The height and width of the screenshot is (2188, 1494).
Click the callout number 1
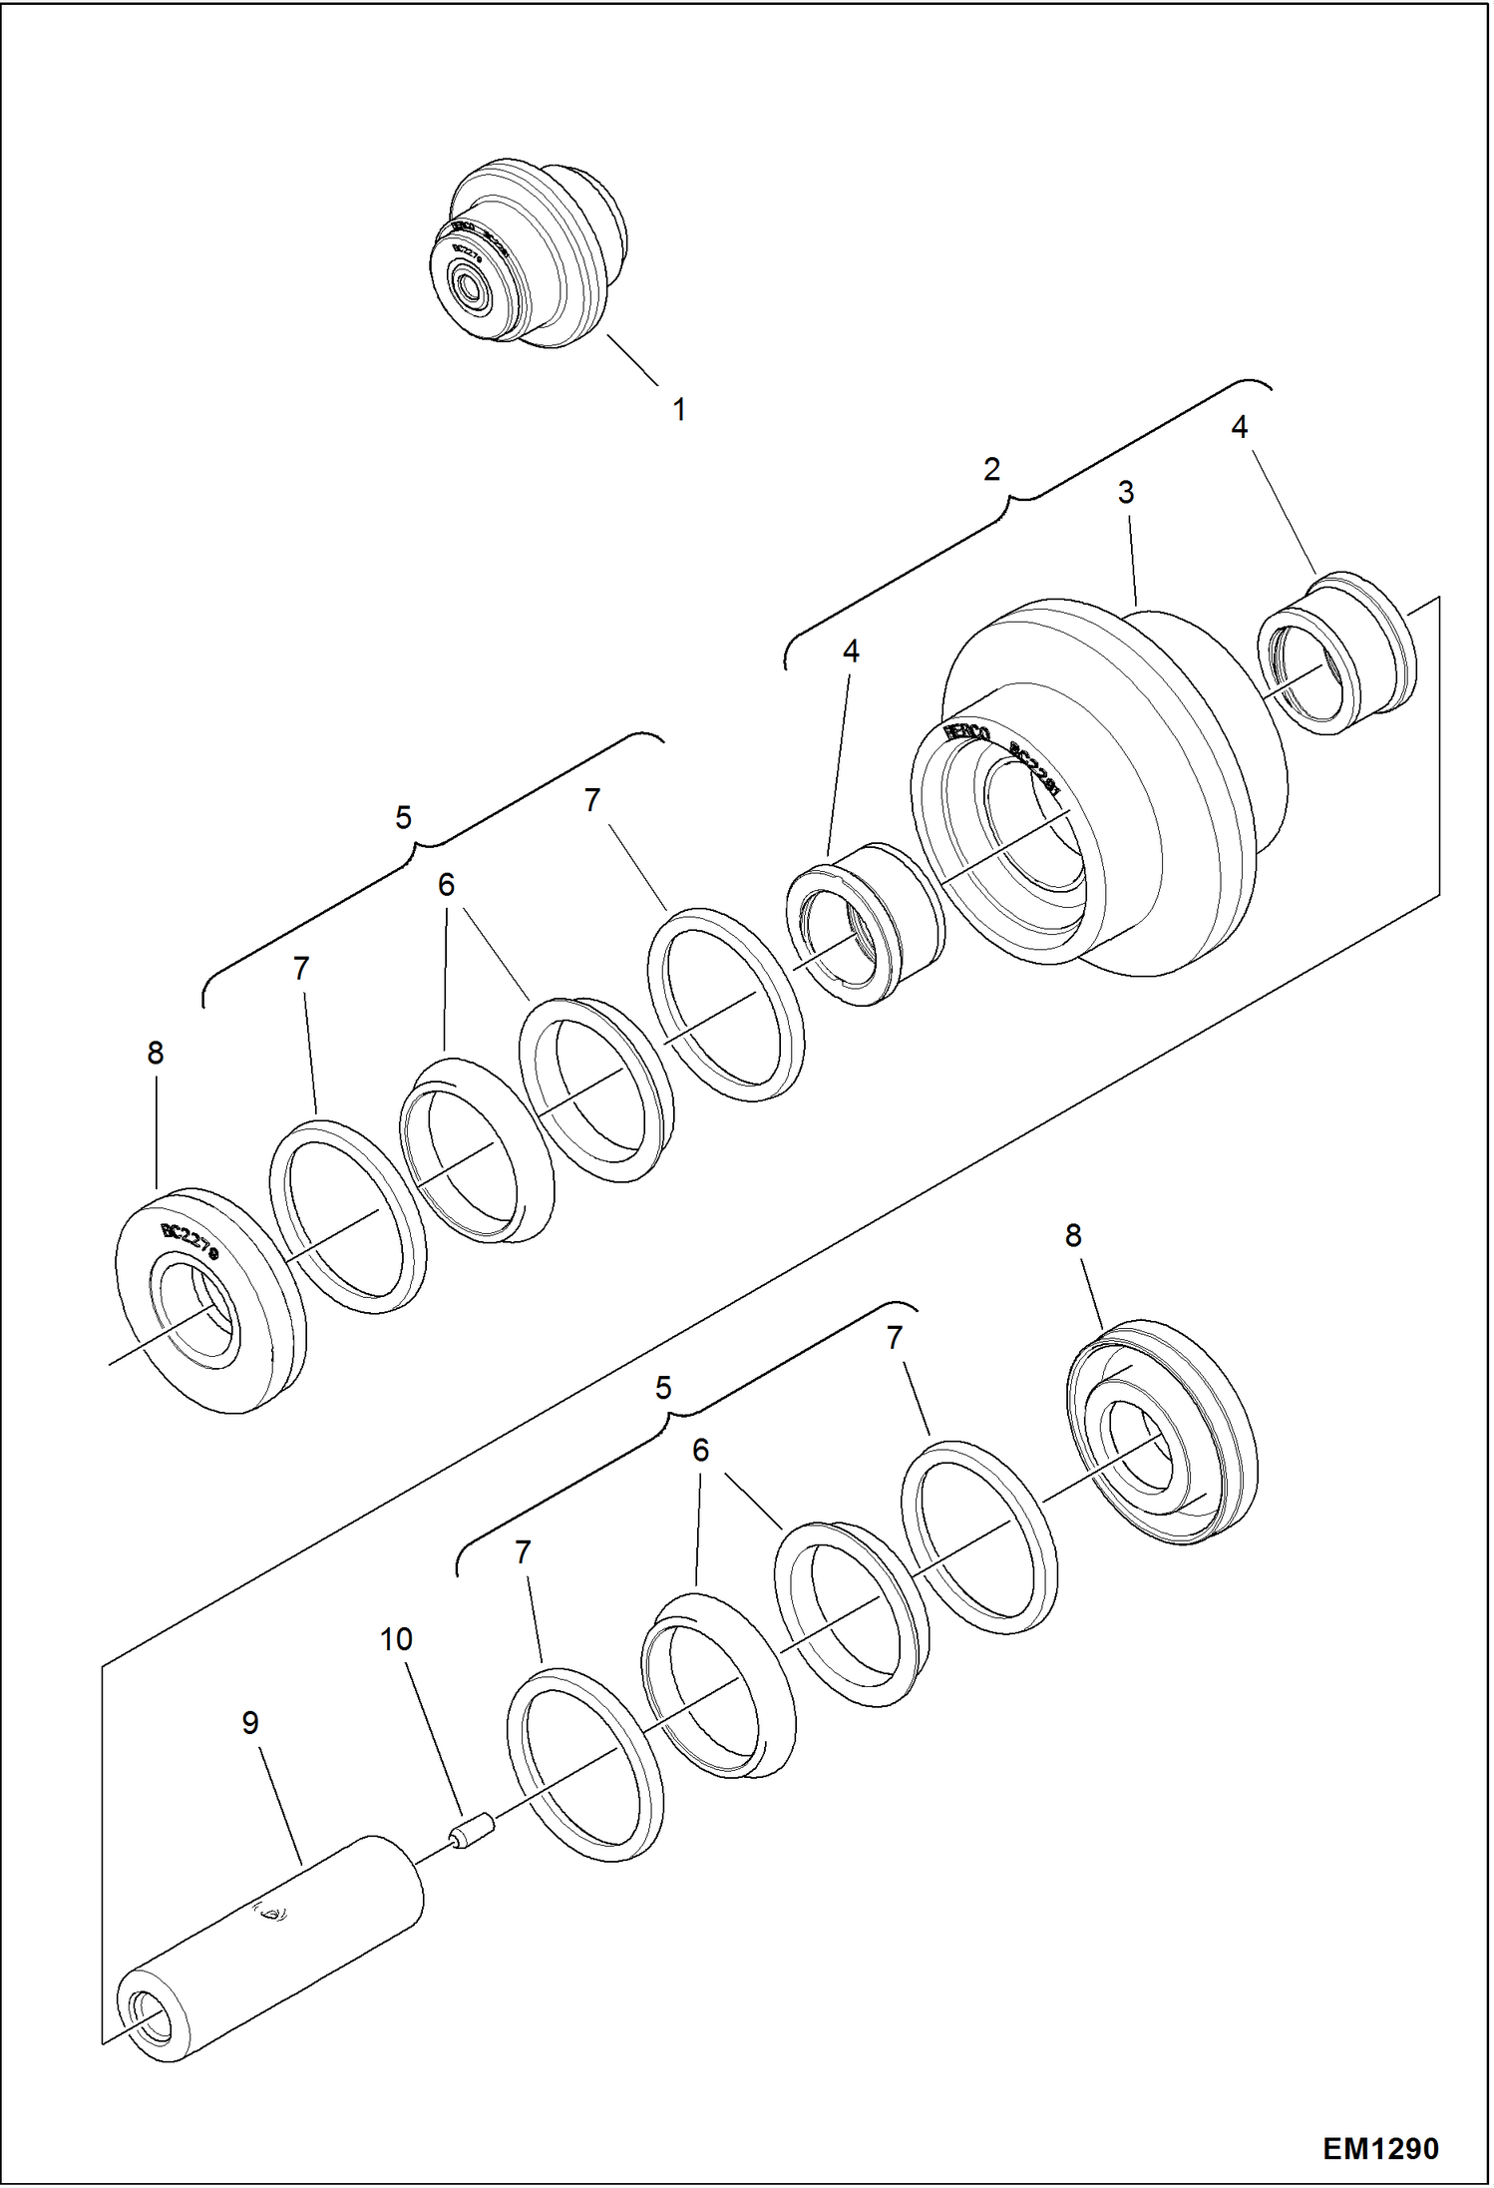tap(679, 409)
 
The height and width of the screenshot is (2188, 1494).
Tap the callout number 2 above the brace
tap(991, 469)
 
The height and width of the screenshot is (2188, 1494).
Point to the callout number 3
tap(1126, 492)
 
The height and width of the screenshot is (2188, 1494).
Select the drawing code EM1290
tap(1381, 2148)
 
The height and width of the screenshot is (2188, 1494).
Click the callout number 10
tap(396, 1639)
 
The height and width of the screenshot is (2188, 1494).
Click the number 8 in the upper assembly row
tap(155, 1053)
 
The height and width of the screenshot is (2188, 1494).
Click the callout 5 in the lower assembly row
tap(663, 1388)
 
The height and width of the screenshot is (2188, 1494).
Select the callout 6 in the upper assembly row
tap(446, 885)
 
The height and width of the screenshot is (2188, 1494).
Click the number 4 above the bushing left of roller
tap(851, 652)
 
